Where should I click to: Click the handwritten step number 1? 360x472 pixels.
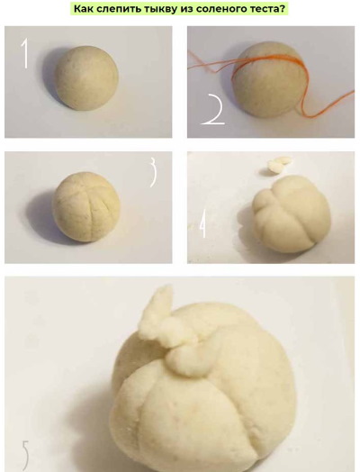point(25,52)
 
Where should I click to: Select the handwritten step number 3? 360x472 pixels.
point(153,172)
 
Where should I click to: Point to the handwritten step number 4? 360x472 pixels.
point(203,223)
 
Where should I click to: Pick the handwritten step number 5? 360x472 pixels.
point(25,456)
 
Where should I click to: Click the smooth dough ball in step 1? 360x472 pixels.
point(86,77)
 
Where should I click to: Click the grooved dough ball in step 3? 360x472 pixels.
point(86,207)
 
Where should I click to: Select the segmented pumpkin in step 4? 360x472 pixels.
point(291,214)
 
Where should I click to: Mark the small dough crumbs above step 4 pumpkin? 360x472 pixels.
point(279,164)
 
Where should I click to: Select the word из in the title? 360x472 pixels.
point(186,9)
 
